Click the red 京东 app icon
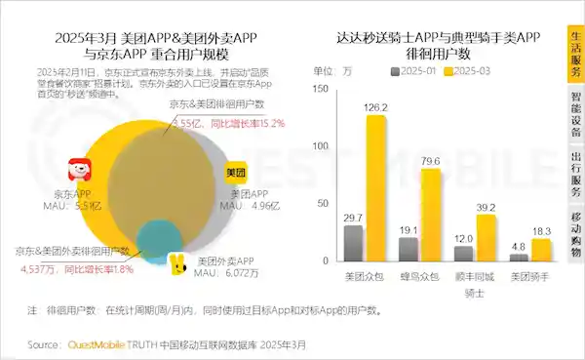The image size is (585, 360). click(80, 172)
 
